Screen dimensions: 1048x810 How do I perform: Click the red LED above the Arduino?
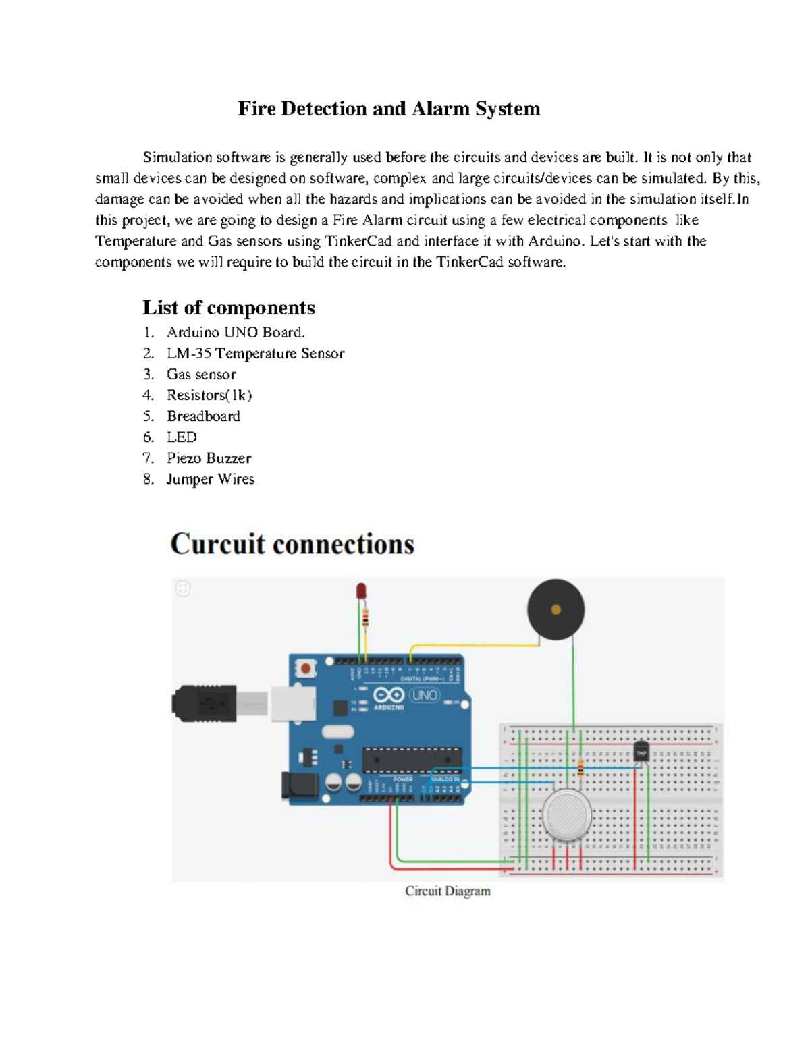361,591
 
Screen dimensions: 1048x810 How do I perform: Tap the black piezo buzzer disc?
556,609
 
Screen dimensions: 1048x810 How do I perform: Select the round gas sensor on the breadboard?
567,815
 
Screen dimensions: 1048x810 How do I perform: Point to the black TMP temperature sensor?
641,752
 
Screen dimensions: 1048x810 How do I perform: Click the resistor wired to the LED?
365,617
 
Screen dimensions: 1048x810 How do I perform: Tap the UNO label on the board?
425,694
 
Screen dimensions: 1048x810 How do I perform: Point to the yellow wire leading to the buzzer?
473,646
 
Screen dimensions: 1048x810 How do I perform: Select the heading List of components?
228,308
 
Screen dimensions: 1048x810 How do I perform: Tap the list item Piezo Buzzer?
209,458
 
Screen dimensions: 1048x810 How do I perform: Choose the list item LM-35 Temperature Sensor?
255,354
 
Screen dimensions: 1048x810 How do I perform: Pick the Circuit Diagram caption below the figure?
448,891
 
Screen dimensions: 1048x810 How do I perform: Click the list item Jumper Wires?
210,479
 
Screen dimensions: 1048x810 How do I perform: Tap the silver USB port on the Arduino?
293,703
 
